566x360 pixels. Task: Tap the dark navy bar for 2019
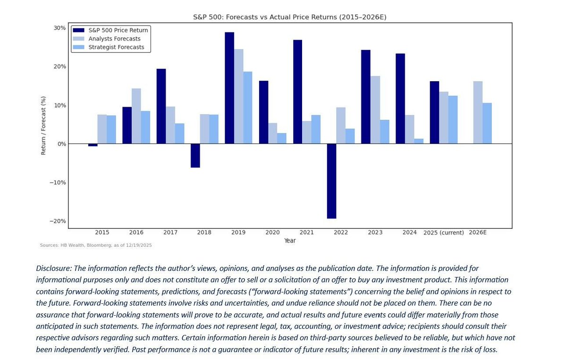[229, 88]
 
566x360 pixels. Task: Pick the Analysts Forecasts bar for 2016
[136, 116]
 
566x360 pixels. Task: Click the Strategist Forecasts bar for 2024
[419, 141]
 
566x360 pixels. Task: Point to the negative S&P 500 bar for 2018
[195, 155]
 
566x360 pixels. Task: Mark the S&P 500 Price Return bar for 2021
[297, 92]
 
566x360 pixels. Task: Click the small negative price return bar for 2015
[93, 145]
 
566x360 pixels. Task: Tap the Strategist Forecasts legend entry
[116, 47]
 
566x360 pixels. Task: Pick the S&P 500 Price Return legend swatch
[78, 30]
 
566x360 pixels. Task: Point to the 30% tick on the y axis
[59, 28]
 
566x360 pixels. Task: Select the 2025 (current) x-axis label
[443, 233]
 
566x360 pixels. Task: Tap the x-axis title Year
[290, 241]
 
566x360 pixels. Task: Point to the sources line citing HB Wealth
[95, 245]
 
